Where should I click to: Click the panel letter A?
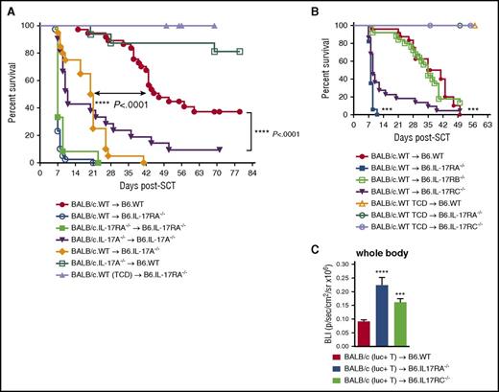click(x=8, y=8)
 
